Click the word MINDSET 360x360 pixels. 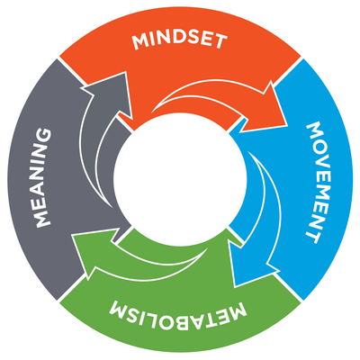[x=180, y=41]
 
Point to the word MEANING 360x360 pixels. [x=43, y=177]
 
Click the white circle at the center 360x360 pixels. [x=180, y=180]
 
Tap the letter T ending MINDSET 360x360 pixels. [x=220, y=41]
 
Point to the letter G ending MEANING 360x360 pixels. [x=44, y=136]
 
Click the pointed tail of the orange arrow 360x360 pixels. [x=152, y=112]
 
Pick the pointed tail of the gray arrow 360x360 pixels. [x=111, y=207]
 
